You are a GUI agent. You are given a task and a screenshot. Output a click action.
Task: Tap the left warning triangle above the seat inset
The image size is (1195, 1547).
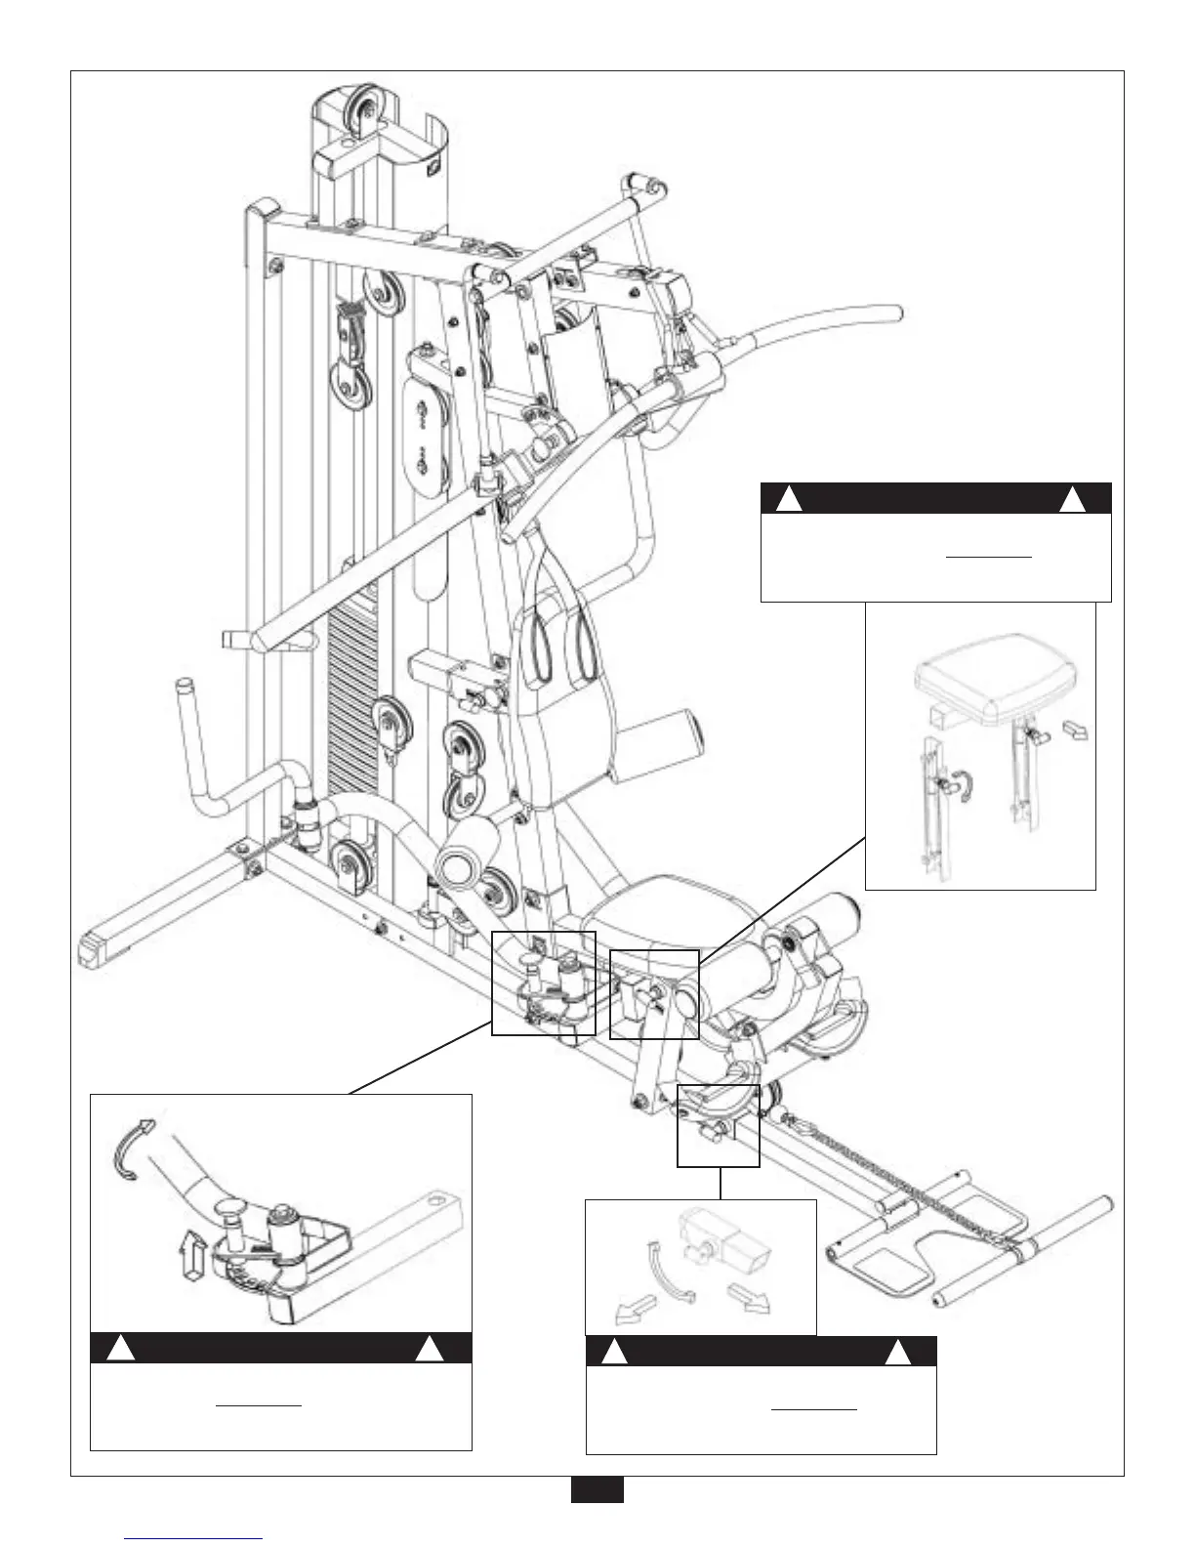789,499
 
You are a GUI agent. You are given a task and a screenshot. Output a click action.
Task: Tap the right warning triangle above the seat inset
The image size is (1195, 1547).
1072,499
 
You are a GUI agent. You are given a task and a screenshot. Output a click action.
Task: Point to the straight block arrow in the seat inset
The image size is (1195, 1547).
1074,729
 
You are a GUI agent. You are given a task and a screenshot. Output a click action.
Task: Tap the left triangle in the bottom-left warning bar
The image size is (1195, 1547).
120,1349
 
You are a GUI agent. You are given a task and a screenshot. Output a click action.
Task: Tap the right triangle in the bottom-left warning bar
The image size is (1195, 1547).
430,1349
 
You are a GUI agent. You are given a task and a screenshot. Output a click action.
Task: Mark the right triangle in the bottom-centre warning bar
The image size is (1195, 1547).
897,1353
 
